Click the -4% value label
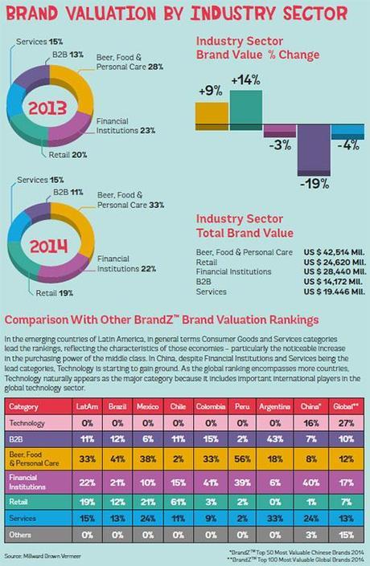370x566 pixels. pos(347,146)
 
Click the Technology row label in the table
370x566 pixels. pos(29,422)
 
